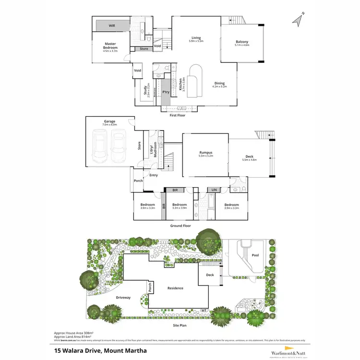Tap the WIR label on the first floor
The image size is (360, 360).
111,25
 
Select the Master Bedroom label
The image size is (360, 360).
109,46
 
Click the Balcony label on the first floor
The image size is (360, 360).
241,42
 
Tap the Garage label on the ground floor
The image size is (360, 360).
109,122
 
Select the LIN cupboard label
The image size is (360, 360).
214,190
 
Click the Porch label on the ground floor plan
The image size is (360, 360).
138,181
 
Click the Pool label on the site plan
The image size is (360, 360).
255,255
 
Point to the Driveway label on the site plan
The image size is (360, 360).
123,298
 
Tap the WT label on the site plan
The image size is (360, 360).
204,310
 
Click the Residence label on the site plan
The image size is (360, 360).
175,288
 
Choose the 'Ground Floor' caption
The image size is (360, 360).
180,226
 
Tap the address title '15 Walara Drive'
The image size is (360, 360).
95,350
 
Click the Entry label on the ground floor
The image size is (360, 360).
154,175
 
